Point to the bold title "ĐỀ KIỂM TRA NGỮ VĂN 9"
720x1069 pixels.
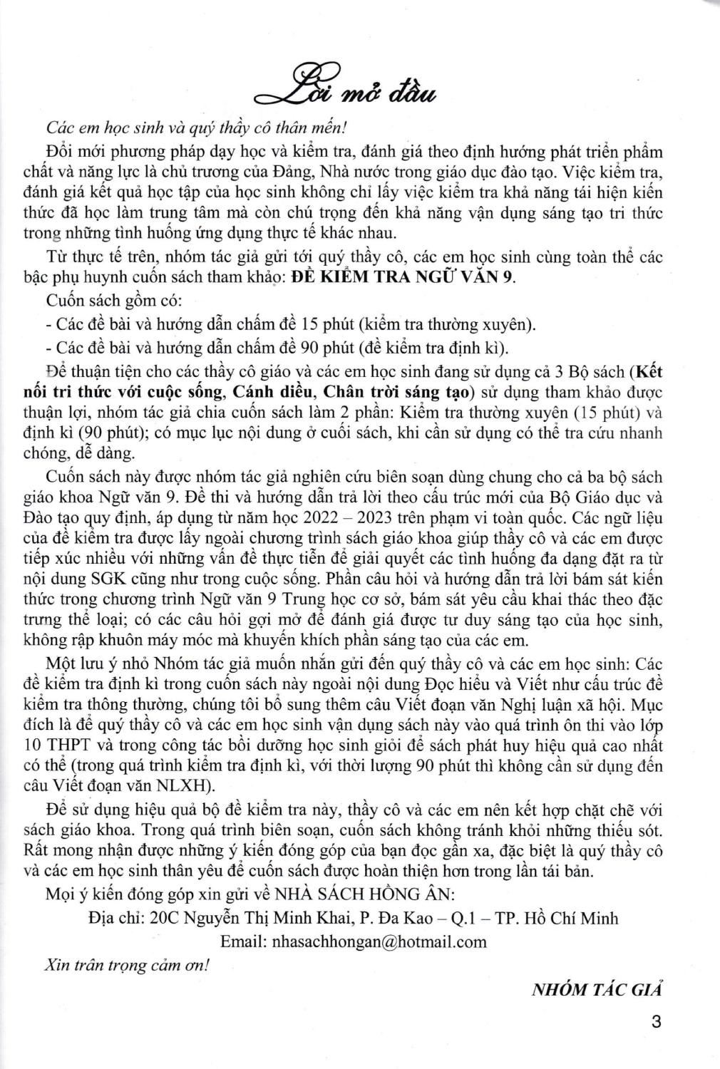tap(404, 277)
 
